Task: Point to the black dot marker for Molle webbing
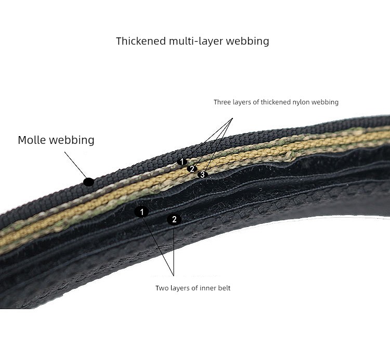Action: point(89,182)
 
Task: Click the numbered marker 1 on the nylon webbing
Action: point(182,162)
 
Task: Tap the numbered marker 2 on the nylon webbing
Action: point(192,169)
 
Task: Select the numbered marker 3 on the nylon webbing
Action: point(202,175)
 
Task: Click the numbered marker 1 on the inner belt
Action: point(141,212)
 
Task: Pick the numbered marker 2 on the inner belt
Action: point(174,220)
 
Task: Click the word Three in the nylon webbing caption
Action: point(222,102)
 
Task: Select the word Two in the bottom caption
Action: point(161,288)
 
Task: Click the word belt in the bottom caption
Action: point(223,288)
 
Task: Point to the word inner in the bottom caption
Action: point(205,288)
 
